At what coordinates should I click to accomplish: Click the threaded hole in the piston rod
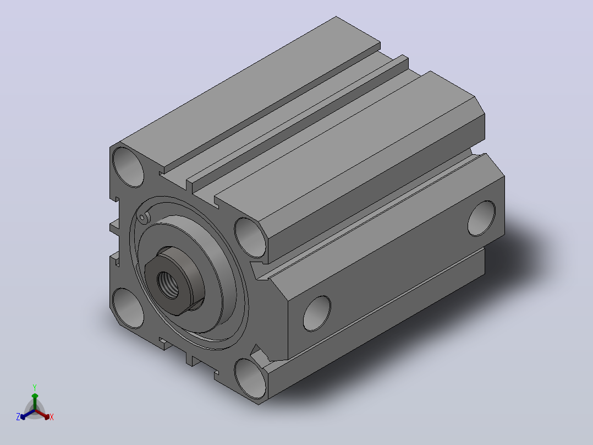pyautogui.click(x=168, y=285)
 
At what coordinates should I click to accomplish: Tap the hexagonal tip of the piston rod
pyautogui.click(x=173, y=281)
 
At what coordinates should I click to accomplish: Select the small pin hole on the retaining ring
pyautogui.click(x=142, y=218)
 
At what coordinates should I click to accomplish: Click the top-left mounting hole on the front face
pyautogui.click(x=128, y=167)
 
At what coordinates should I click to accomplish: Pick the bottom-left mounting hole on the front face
pyautogui.click(x=128, y=308)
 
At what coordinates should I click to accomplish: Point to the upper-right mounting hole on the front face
pyautogui.click(x=250, y=238)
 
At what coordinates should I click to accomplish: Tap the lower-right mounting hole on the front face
pyautogui.click(x=250, y=379)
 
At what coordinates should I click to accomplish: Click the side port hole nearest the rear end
pyautogui.click(x=481, y=219)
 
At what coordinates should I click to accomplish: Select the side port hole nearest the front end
pyautogui.click(x=317, y=313)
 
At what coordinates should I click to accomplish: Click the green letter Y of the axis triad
pyautogui.click(x=35, y=387)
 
